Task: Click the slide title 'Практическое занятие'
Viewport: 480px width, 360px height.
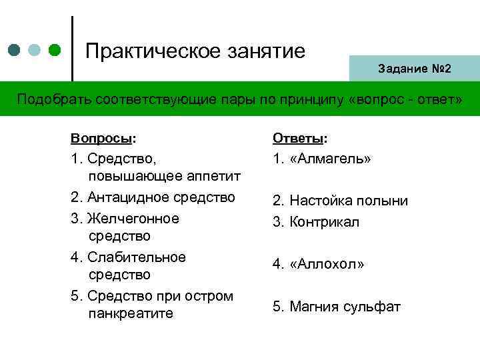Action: (x=195, y=51)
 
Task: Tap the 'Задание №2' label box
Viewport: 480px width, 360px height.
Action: (x=414, y=69)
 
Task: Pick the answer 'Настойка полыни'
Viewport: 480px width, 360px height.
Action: (x=348, y=201)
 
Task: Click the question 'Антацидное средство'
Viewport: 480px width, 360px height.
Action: (x=160, y=197)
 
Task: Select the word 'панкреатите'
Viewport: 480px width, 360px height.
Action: (x=131, y=313)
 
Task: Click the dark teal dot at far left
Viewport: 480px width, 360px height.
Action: (x=15, y=51)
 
